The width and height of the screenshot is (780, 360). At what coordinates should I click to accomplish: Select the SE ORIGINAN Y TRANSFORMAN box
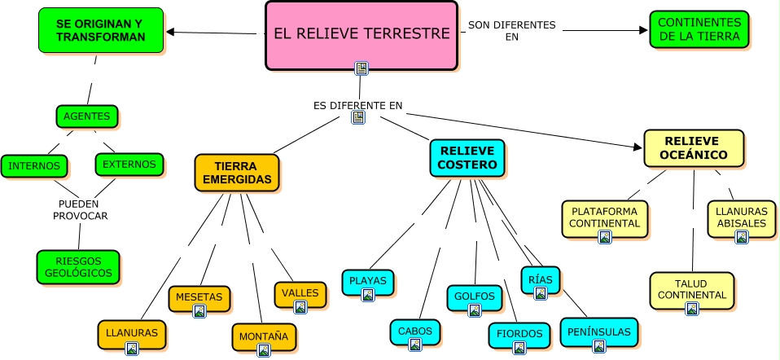[101, 30]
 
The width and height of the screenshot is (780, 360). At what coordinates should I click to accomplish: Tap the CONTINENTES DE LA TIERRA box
[699, 30]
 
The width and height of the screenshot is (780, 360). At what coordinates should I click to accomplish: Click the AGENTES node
[87, 116]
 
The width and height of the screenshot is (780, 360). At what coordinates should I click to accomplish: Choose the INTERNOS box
[33, 166]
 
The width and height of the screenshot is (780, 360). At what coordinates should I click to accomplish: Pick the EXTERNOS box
[129, 164]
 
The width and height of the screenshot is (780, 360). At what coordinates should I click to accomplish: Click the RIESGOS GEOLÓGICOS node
[78, 267]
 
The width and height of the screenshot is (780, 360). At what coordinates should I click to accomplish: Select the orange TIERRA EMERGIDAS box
[237, 173]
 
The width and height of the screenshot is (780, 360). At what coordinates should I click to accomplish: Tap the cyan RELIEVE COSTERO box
[467, 158]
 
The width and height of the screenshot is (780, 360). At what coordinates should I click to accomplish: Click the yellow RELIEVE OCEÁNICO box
[694, 147]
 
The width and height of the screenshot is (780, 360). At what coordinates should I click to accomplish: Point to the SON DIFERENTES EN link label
[511, 30]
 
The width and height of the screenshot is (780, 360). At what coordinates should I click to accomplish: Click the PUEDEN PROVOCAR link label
[80, 209]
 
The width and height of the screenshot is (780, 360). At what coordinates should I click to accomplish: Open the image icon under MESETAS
[199, 311]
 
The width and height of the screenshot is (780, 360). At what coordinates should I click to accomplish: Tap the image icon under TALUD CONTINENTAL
[691, 309]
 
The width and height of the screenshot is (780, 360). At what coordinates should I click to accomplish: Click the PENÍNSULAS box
[599, 332]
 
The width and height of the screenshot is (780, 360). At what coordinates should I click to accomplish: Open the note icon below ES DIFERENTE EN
[358, 117]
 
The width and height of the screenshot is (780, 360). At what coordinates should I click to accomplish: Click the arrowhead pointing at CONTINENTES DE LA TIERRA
[642, 30]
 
